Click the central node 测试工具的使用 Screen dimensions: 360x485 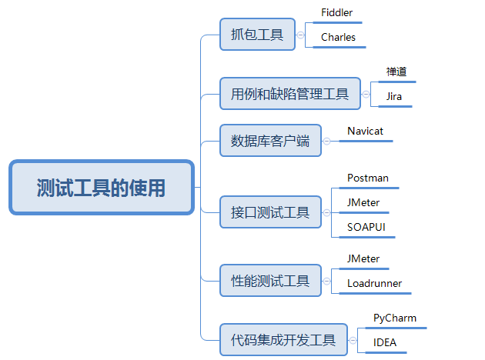tap(101, 187)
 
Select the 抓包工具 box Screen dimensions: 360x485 tap(257, 35)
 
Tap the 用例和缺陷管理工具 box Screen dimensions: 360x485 tap(289, 94)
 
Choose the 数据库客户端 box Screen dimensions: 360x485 tap(270, 141)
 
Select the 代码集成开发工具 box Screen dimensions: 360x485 tap(283, 339)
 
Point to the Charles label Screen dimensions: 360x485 tap(338, 37)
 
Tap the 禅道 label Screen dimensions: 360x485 tap(396, 72)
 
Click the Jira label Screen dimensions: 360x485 tap(394, 97)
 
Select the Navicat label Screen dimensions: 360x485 tap(365, 132)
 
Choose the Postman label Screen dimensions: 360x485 tap(367, 178)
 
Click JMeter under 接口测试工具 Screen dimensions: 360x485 tap(363, 203)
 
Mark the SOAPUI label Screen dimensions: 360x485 tap(366, 228)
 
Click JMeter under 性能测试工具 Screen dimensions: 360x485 tap(363, 259)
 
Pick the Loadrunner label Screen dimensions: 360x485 tap(374, 284)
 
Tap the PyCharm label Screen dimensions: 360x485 tap(395, 318)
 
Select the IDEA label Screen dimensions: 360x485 tap(385, 342)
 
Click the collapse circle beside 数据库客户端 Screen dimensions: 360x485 tap(328, 141)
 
